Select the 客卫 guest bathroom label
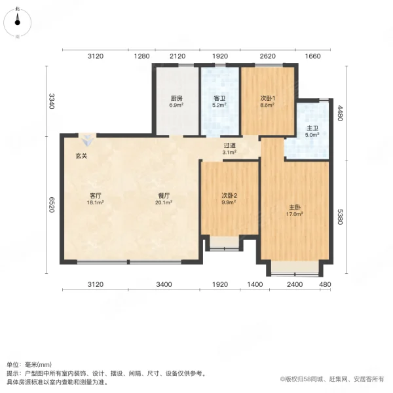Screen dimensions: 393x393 coord(219,98)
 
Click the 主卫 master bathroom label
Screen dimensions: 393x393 coord(312,128)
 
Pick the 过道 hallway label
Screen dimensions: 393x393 coord(229,145)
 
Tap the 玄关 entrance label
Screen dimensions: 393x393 coord(81,156)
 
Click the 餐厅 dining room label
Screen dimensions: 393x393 coord(164,195)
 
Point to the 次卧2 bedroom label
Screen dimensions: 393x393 coord(229,195)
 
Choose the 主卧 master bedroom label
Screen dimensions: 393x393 coord(295,208)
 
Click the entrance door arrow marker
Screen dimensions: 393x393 coord(87,140)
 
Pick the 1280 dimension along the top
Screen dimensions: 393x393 coord(142,56)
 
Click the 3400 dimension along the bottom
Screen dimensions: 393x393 coord(164,284)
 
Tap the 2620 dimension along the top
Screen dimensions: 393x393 coord(267,56)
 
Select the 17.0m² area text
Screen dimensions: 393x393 coord(295,213)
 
